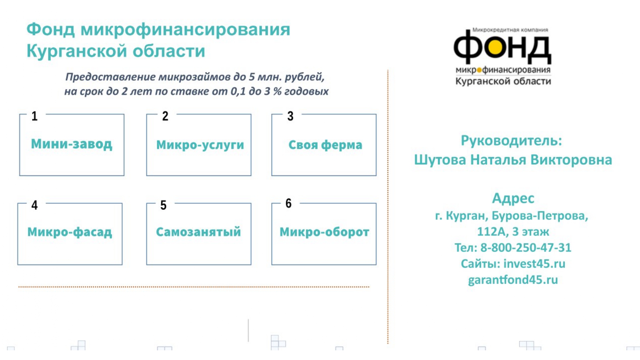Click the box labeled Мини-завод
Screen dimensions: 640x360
pyautogui.click(x=72, y=144)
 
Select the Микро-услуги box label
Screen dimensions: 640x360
pyautogui.click(x=200, y=145)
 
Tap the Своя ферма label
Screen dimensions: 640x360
pyautogui.click(x=325, y=145)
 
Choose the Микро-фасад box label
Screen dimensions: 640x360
pyautogui.click(x=70, y=232)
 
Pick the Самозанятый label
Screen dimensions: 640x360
pyautogui.click(x=198, y=232)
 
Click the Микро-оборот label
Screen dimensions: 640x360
pyautogui.click(x=324, y=232)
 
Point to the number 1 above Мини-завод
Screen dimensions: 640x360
pyautogui.click(x=34, y=116)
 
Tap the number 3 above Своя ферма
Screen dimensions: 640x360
pyautogui.click(x=290, y=116)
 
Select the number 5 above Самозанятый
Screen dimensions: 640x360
pyautogui.click(x=163, y=205)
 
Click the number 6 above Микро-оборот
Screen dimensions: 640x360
pyautogui.click(x=289, y=203)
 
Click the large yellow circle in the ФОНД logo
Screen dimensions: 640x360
pyautogui.click(x=495, y=48)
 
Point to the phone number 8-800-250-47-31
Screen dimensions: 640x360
pyautogui.click(x=526, y=247)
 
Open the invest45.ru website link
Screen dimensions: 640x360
pyautogui.click(x=534, y=263)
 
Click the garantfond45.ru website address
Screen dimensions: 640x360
pyautogui.click(x=513, y=280)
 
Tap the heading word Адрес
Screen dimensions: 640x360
pyautogui.click(x=513, y=198)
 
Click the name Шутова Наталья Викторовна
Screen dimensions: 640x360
pyautogui.click(x=513, y=160)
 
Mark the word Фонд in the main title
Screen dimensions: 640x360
pyautogui.click(x=51, y=29)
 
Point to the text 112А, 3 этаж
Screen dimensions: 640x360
pyautogui.click(x=513, y=232)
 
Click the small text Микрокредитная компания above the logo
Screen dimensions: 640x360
pyautogui.click(x=510, y=30)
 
